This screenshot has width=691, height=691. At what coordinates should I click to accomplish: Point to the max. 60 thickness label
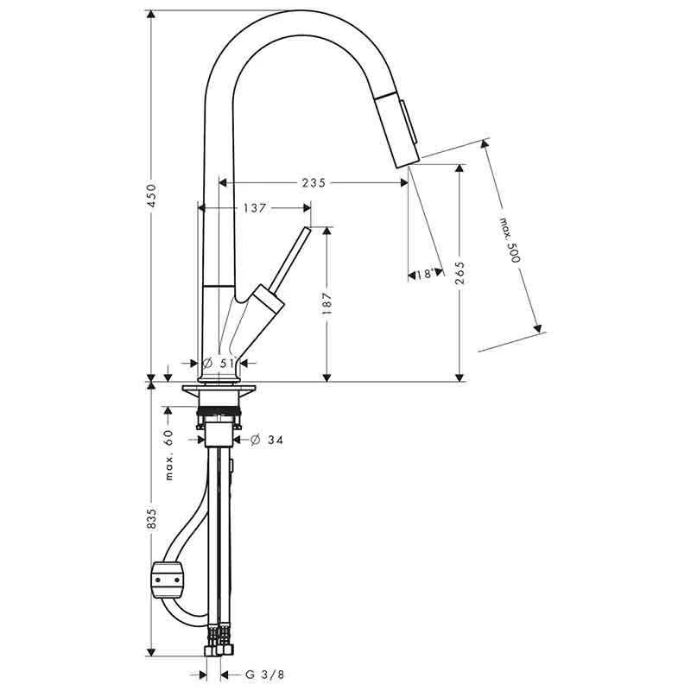click(169, 454)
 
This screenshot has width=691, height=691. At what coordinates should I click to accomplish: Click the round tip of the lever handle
click(306, 231)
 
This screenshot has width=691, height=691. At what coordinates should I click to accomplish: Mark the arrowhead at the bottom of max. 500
click(539, 329)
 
